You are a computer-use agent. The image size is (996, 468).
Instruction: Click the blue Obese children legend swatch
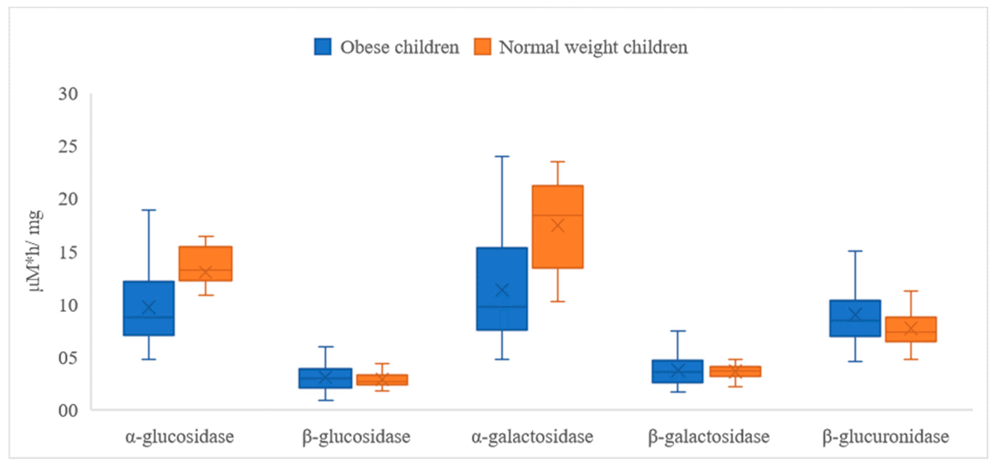tap(322, 47)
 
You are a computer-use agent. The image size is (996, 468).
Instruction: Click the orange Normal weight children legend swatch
tap(482, 47)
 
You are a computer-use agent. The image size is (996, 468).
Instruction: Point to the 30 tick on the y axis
tap(68, 94)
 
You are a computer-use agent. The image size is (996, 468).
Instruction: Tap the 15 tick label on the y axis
tap(68, 252)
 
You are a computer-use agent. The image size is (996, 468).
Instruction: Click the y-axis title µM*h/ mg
tap(35, 251)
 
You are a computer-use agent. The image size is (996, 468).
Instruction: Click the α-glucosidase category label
tap(180, 437)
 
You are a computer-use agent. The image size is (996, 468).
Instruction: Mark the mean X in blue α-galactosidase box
tap(502, 290)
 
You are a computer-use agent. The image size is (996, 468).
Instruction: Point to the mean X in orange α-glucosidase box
tap(205, 272)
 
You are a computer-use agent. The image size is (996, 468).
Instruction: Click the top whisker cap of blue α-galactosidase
tap(502, 157)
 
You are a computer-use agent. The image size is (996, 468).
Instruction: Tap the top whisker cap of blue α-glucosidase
tap(149, 210)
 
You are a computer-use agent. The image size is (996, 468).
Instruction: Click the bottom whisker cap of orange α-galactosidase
tap(558, 301)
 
